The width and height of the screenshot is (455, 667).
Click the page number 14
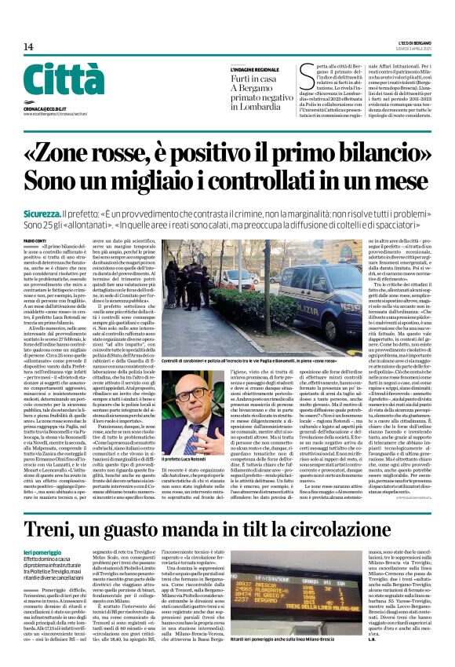[x=28, y=47]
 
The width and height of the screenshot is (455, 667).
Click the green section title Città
[x=53, y=81]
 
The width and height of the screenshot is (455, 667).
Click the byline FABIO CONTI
[x=35, y=239]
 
